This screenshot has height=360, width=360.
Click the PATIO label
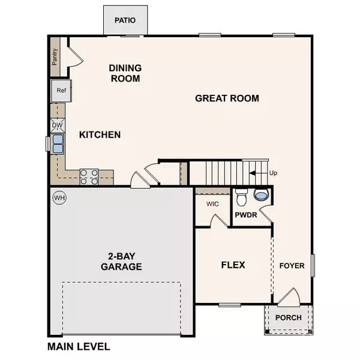pyautogui.click(x=125, y=20)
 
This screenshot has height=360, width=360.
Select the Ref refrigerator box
pyautogui.click(x=61, y=91)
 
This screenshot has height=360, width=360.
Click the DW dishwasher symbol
pyautogui.click(x=58, y=125)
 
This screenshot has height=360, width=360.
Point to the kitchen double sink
pyautogui.click(x=58, y=144)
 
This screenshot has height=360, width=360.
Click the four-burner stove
pyautogui.click(x=89, y=176)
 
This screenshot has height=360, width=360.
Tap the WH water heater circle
pyautogui.click(x=59, y=197)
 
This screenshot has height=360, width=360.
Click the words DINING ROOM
pyautogui.click(x=125, y=73)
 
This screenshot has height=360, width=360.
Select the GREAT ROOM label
pyautogui.click(x=227, y=98)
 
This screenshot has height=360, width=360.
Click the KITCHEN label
pyautogui.click(x=100, y=135)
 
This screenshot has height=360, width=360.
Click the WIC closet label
pyautogui.click(x=212, y=204)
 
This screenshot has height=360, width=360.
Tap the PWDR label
pyautogui.click(x=246, y=214)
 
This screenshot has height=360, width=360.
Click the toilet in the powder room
pyautogui.click(x=242, y=196)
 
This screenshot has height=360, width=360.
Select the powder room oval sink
pyautogui.click(x=262, y=195)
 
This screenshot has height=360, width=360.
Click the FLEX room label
pyautogui.click(x=233, y=265)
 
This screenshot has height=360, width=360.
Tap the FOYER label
pyautogui.click(x=292, y=265)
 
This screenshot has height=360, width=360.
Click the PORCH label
pyautogui.click(x=288, y=318)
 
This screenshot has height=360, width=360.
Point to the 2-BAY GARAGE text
pyautogui.click(x=121, y=261)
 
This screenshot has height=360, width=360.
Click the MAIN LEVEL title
pyautogui.click(x=79, y=347)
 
